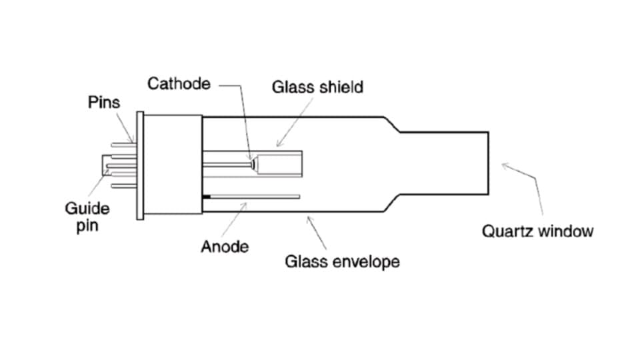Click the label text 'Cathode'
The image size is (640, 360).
178,84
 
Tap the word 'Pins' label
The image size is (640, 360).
104,103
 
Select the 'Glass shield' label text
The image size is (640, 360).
317,87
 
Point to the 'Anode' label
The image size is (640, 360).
225,247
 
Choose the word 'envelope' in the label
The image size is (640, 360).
365,261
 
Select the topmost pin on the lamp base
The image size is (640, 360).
123,142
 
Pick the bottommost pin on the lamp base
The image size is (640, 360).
123,185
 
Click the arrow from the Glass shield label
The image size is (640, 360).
288,135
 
